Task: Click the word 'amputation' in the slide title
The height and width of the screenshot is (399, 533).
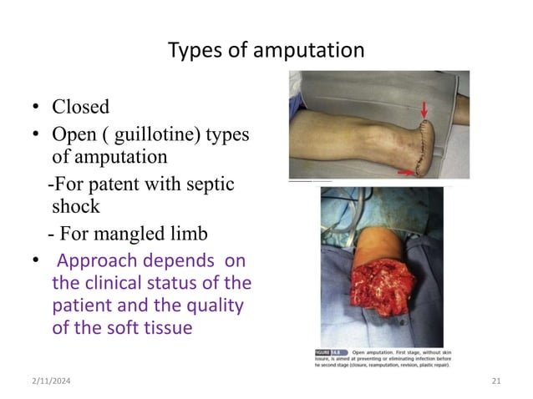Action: pyautogui.click(x=314, y=51)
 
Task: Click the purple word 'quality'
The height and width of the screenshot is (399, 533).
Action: pyautogui.click(x=216, y=306)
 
